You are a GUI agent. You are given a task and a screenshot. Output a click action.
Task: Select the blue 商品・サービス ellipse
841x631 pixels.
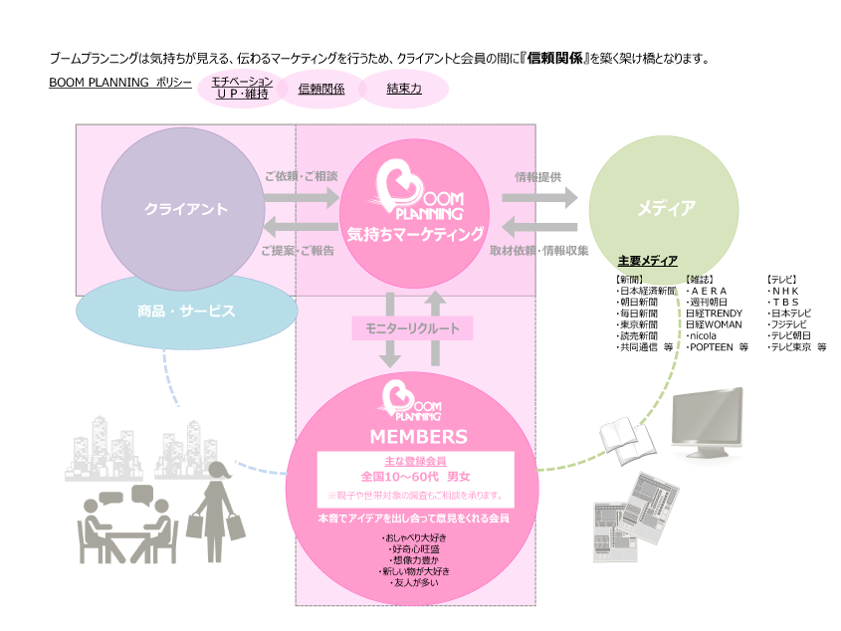186,312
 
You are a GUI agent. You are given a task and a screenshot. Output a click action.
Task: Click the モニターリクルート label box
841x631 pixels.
411,327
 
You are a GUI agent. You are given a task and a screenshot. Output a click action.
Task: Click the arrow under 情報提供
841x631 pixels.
539,197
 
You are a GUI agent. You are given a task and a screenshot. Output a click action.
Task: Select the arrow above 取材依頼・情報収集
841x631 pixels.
539,225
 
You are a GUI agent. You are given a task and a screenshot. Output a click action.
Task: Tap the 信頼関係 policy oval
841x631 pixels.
321,89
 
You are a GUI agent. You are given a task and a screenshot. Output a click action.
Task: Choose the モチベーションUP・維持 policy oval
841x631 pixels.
241,88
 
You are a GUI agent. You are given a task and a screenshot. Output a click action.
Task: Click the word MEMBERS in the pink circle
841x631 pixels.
418,436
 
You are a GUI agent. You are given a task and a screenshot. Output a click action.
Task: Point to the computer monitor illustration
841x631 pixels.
708,416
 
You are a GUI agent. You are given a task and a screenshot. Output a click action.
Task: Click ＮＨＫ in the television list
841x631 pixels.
785,290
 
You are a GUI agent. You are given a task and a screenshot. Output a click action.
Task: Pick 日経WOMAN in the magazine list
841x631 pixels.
714,324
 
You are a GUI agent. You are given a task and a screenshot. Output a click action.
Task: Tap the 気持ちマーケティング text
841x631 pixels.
415,234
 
